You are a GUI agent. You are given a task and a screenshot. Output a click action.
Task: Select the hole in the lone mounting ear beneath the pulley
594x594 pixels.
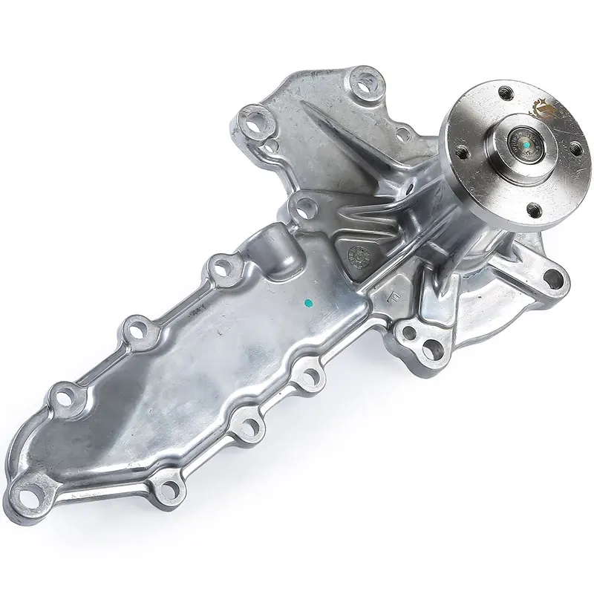click(553, 278)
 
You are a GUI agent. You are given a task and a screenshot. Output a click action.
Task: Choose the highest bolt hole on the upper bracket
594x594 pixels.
click(365, 79)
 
